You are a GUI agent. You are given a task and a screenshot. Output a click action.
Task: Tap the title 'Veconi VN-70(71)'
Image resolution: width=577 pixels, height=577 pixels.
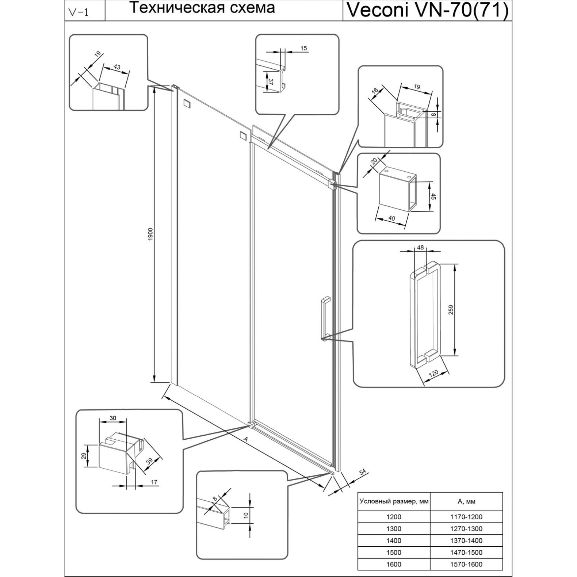427,11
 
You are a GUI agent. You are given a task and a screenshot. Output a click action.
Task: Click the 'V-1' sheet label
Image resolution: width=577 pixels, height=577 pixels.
78,12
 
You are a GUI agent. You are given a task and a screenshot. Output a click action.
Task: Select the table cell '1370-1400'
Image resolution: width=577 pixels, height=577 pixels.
466,540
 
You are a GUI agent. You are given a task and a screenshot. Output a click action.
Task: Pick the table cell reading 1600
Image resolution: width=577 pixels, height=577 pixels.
393,564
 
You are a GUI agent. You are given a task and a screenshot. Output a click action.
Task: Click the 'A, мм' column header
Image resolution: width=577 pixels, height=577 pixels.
466,501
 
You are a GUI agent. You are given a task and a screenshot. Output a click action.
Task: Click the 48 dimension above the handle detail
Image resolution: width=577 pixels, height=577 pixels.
420,248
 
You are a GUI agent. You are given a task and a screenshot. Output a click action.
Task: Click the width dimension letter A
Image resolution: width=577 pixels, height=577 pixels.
246,439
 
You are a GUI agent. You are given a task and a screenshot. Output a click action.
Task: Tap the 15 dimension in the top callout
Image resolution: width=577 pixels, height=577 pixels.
304,48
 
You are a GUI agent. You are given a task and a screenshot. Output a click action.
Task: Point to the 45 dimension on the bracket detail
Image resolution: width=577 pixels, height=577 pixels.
434,196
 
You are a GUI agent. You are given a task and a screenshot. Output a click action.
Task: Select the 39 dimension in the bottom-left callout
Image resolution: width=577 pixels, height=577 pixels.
149,461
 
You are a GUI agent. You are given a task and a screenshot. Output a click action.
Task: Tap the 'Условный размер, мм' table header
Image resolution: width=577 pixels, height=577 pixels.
394,501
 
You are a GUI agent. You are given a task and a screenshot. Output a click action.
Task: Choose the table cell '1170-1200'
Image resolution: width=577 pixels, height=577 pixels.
466,517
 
